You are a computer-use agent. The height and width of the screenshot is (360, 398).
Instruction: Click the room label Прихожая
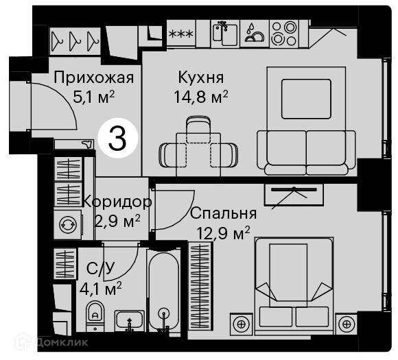[x=93, y=78]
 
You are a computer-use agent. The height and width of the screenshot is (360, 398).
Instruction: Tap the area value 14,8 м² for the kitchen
[x=201, y=97]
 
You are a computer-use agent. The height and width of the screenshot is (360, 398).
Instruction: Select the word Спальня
[x=224, y=213]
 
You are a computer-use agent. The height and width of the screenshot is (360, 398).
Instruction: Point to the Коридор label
[x=117, y=202]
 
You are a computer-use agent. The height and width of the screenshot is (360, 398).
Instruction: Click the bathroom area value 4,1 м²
[x=100, y=289]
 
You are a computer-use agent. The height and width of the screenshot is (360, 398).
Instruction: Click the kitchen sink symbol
[x=225, y=34]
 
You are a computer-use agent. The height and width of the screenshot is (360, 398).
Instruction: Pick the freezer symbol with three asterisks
[x=181, y=34]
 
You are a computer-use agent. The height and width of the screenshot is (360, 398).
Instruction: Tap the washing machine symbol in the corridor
[x=68, y=224]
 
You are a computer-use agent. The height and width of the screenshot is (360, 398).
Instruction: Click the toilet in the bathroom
[x=95, y=315]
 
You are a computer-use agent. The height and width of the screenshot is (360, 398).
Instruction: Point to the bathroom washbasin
[x=130, y=321]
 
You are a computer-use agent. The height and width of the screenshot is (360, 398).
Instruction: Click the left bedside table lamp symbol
[x=242, y=324]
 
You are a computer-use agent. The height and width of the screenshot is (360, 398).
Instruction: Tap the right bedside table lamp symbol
[x=347, y=324]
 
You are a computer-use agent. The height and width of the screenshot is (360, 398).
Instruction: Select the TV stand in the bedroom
[x=294, y=195]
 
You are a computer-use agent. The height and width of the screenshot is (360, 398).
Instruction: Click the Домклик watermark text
[x=62, y=342]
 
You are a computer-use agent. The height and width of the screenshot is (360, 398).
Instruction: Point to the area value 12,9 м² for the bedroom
[x=224, y=233]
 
